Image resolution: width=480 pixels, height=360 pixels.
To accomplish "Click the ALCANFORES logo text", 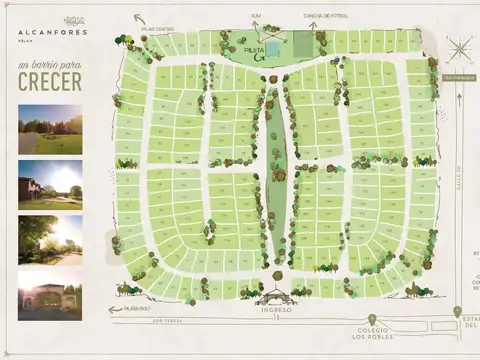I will [x=51, y=31].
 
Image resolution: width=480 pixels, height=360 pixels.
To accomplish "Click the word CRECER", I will [x=50, y=81].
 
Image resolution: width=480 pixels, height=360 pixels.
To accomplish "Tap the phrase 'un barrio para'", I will [x=50, y=65].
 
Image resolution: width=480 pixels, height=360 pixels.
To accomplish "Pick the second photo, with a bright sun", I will [x=50, y=184].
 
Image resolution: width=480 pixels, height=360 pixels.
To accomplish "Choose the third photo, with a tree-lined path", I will [x=50, y=239].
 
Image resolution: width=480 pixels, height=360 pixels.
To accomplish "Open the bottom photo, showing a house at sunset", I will [x=50, y=292].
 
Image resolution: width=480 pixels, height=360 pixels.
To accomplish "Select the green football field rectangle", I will [x=301, y=46].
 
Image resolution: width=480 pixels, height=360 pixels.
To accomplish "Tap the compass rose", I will [x=460, y=49].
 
